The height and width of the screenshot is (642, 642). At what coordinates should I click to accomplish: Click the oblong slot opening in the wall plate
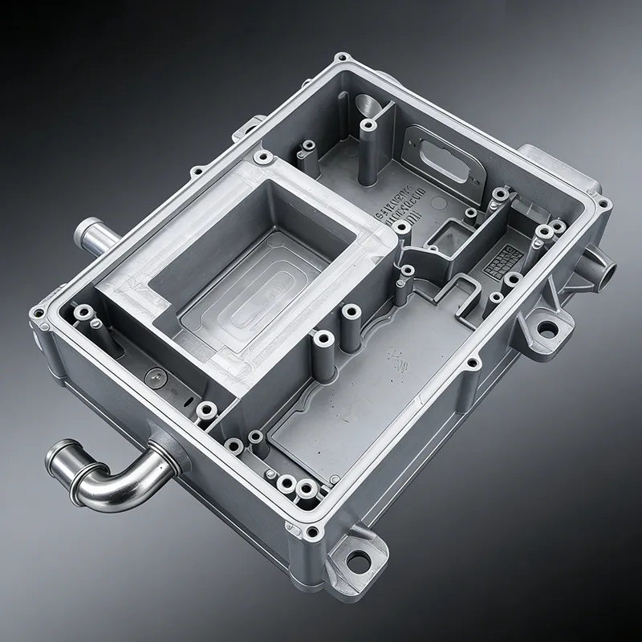pos(437,152)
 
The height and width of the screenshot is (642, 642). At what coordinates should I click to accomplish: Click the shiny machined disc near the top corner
pos(368,106)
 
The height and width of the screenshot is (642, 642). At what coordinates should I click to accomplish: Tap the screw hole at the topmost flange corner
pos(343,59)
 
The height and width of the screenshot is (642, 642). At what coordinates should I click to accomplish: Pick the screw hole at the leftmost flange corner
pos(37,311)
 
